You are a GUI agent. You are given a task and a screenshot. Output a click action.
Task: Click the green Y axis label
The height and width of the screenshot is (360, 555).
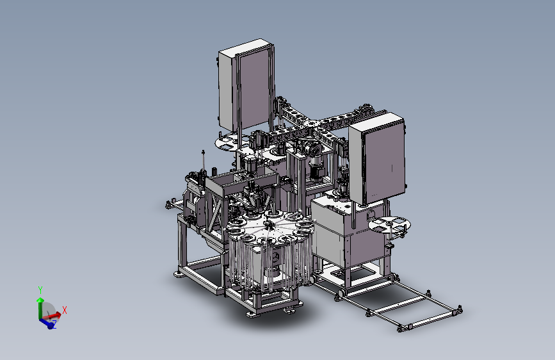pyautogui.click(x=40, y=290)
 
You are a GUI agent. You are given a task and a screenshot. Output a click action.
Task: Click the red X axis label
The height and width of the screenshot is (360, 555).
pyautogui.click(x=65, y=311)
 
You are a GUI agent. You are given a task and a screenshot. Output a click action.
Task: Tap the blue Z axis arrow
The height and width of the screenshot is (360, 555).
pyautogui.click(x=47, y=322)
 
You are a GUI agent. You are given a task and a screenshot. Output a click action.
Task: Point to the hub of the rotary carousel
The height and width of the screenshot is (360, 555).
pyautogui.click(x=268, y=224)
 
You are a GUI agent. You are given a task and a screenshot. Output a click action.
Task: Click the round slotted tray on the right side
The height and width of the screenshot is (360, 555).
pyautogui.click(x=389, y=225)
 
